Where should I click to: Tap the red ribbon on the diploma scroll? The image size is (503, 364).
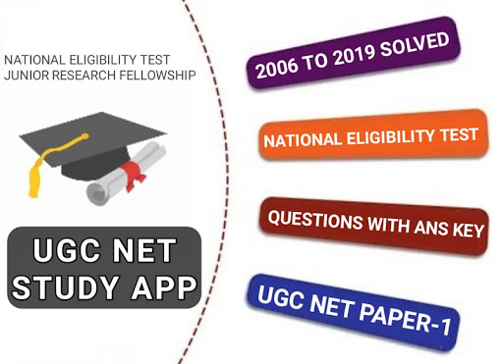(134, 175)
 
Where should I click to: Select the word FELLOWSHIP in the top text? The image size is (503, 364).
(157, 76)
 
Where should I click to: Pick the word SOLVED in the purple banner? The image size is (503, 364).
(415, 44)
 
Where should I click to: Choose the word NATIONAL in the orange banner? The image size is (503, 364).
(303, 140)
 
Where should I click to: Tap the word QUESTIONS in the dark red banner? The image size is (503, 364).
(315, 219)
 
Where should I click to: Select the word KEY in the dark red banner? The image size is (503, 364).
(469, 231)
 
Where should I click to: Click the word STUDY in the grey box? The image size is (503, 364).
(65, 287)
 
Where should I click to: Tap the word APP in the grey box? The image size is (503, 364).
(164, 287)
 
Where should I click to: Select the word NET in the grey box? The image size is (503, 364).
(144, 250)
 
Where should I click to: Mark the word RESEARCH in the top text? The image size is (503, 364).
(84, 76)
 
